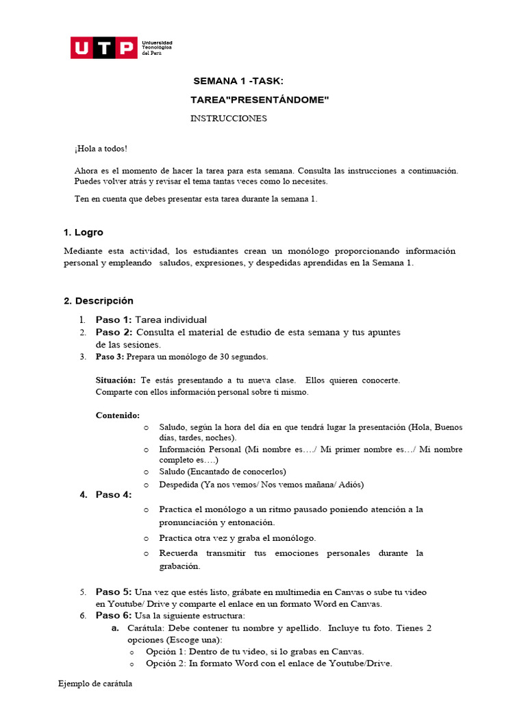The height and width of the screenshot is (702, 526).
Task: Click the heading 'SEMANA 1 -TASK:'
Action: pos(238,82)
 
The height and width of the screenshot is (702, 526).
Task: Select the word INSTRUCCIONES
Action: pos(228,119)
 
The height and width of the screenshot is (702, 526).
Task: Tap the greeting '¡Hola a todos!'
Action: pos(101,149)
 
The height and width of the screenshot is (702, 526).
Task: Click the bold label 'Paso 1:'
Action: pos(114,320)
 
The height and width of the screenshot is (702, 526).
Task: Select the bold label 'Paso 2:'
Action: pos(114,332)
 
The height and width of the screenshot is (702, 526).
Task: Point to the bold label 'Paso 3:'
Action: pos(110,357)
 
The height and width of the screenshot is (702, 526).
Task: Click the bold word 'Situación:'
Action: pos(116,380)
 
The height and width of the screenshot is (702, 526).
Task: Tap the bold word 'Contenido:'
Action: pos(118,415)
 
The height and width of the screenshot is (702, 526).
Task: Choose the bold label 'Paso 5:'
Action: pos(114,592)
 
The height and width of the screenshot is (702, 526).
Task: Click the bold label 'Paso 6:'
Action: pos(114,616)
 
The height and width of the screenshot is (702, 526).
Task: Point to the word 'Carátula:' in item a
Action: pos(145,629)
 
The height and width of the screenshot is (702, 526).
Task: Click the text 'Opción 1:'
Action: pos(166,652)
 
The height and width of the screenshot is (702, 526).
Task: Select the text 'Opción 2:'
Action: pos(166,664)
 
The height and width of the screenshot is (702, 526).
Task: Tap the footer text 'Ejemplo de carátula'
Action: pos(95,683)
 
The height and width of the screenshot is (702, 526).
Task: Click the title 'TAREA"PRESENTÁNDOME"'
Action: pos(260,101)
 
